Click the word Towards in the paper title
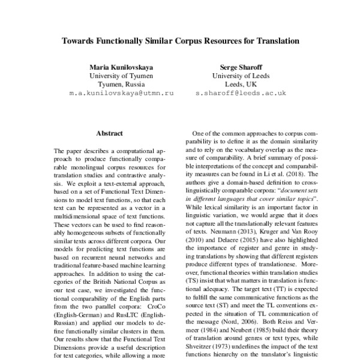coord(79,43)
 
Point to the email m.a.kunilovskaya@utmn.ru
coord(122,94)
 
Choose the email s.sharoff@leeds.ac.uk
coord(240,94)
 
